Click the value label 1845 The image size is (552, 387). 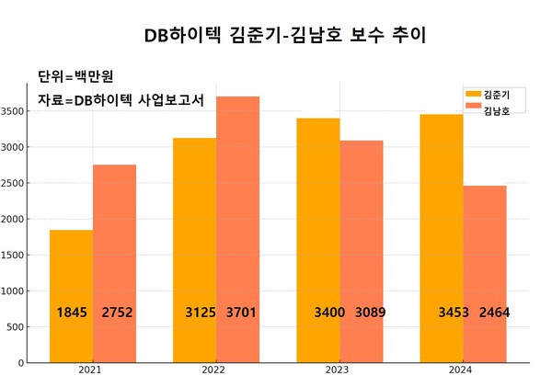pyautogui.click(x=72, y=313)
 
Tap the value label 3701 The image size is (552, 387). pyautogui.click(x=241, y=313)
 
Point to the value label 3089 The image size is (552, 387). pyautogui.click(x=370, y=313)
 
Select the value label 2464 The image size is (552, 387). pyautogui.click(x=493, y=313)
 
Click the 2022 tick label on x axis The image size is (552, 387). pyautogui.click(x=213, y=370)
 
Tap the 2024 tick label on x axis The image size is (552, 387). pyautogui.click(x=462, y=370)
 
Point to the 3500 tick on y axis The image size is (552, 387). pyautogui.click(x=13, y=110)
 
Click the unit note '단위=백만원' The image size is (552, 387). pyautogui.click(x=75, y=75)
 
